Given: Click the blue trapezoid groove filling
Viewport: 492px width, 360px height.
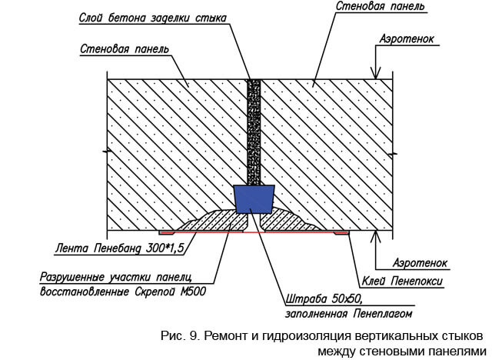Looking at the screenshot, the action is [x=254, y=199].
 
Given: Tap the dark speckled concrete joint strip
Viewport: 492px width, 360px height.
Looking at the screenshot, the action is [x=254, y=132].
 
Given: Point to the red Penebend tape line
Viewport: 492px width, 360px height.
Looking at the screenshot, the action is [x=254, y=232].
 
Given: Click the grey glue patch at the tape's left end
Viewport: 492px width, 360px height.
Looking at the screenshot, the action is [x=167, y=233].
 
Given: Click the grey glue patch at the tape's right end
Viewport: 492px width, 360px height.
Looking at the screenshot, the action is [x=341, y=233].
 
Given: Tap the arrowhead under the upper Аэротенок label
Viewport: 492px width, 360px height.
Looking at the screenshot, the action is [x=376, y=74].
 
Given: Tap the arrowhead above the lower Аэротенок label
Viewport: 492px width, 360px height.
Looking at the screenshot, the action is [x=376, y=236].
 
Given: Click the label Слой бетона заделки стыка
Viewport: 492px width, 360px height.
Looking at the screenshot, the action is [x=153, y=18].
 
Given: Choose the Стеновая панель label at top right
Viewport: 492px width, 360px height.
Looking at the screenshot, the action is [x=381, y=6].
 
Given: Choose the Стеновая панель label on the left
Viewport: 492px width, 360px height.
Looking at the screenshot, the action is [x=125, y=49].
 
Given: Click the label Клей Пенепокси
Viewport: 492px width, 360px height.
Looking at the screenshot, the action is [x=402, y=281].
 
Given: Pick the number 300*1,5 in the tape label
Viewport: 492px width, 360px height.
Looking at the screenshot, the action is [x=165, y=248].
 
